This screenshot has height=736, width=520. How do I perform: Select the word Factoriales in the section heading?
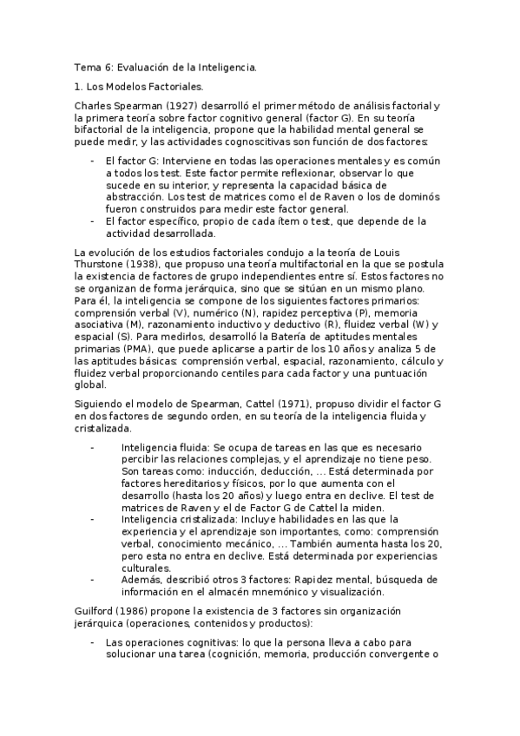point(174,87)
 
